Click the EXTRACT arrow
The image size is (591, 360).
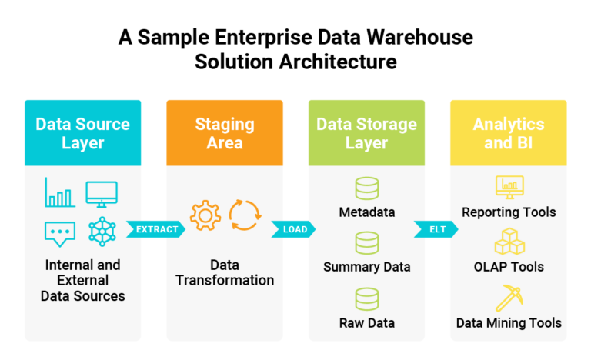click(156, 229)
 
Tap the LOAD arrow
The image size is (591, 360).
click(294, 229)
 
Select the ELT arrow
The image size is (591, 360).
click(436, 229)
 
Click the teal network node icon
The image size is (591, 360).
click(102, 232)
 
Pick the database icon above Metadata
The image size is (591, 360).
click(367, 188)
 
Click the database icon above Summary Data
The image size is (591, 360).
click(367, 243)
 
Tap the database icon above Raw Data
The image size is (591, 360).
click(367, 299)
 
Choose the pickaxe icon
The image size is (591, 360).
click(509, 298)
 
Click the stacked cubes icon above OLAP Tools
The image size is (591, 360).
click(509, 242)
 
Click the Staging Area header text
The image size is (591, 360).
click(225, 133)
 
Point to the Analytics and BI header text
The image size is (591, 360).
click(509, 133)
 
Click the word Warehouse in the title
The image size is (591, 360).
click(420, 37)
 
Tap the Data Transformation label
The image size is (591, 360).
click(225, 272)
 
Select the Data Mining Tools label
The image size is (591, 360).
click(509, 323)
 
